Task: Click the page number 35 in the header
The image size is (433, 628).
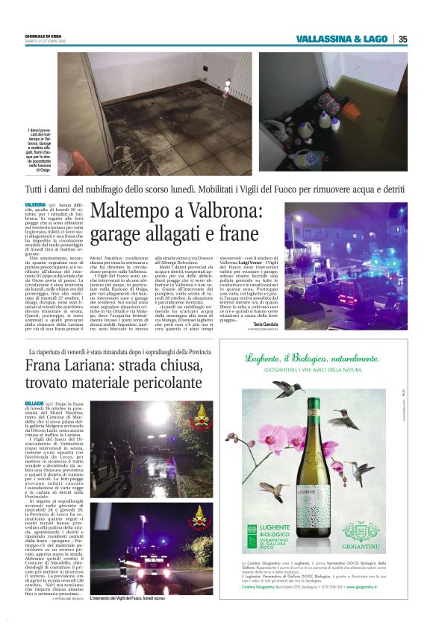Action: coord(402,39)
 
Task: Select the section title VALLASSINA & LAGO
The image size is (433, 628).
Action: coord(341,39)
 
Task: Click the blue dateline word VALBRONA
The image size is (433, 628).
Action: coord(35,204)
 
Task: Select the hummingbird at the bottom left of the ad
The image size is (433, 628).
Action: coord(273,489)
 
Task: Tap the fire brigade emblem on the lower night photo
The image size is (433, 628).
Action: coord(198,515)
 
